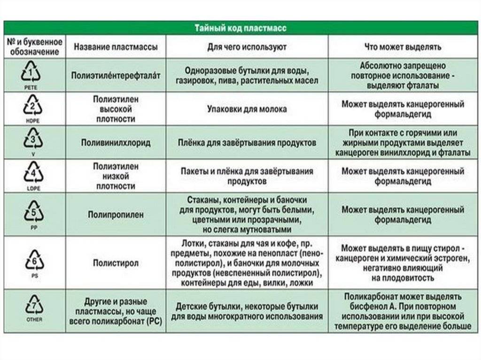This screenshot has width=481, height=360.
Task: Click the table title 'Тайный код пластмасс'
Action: click(x=240, y=28)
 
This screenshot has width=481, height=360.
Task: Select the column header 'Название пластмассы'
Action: click(x=116, y=47)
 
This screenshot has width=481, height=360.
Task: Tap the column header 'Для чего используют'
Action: click(x=247, y=47)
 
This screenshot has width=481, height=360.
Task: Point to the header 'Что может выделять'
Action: click(x=403, y=47)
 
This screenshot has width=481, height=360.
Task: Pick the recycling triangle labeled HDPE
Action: click(x=32, y=106)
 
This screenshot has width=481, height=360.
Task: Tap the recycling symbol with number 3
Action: click(x=32, y=139)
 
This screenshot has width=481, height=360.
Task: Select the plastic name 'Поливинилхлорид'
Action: click(x=116, y=142)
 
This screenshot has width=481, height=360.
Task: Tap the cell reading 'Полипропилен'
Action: click(x=116, y=214)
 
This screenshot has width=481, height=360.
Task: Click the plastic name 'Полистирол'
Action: click(x=116, y=263)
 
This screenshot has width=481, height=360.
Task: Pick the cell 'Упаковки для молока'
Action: click(x=247, y=109)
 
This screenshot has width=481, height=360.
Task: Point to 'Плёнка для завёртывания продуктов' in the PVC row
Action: click(x=247, y=142)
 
